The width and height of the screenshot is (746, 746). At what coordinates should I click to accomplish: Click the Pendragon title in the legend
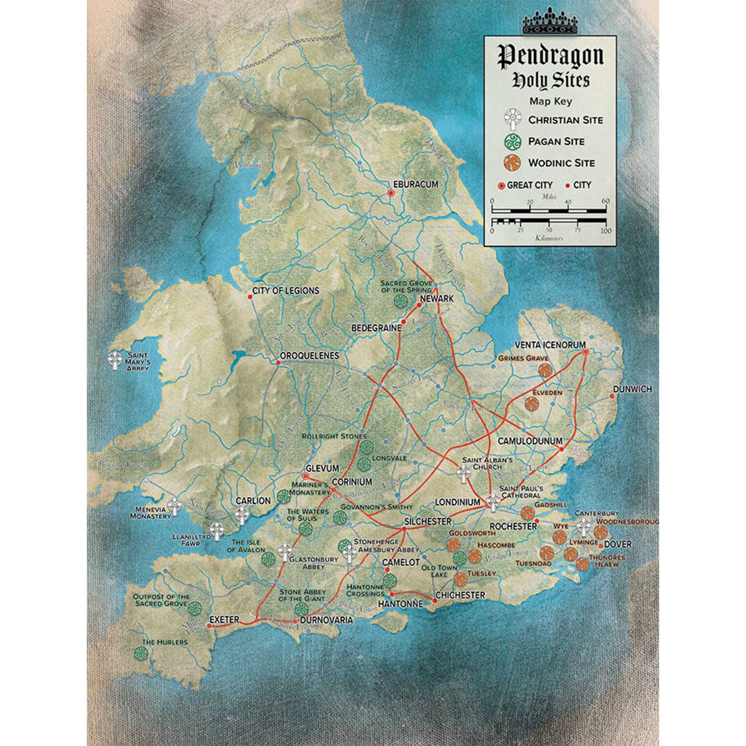tap(550, 56)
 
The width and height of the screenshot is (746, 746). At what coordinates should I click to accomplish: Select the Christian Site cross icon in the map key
tap(511, 119)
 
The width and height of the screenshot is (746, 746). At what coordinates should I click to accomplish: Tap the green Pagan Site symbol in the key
tap(511, 141)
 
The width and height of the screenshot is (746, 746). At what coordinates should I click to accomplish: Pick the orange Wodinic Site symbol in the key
tap(511, 163)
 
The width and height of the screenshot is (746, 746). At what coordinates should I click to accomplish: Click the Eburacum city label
tap(416, 184)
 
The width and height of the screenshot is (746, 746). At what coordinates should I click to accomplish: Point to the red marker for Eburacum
tap(390, 193)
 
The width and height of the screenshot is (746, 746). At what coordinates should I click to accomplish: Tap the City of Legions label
tap(286, 291)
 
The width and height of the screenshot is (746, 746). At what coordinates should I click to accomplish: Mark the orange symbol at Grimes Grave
tap(544, 370)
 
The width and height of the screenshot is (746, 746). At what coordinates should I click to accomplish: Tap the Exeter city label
tap(224, 619)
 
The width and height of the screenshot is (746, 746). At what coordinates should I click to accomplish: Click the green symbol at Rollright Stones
tap(366, 447)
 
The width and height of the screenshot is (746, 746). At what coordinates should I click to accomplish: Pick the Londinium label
tap(457, 502)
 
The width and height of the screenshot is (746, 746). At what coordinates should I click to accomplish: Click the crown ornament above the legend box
tap(549, 22)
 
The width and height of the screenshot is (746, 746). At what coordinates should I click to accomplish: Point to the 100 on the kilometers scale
tap(606, 231)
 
